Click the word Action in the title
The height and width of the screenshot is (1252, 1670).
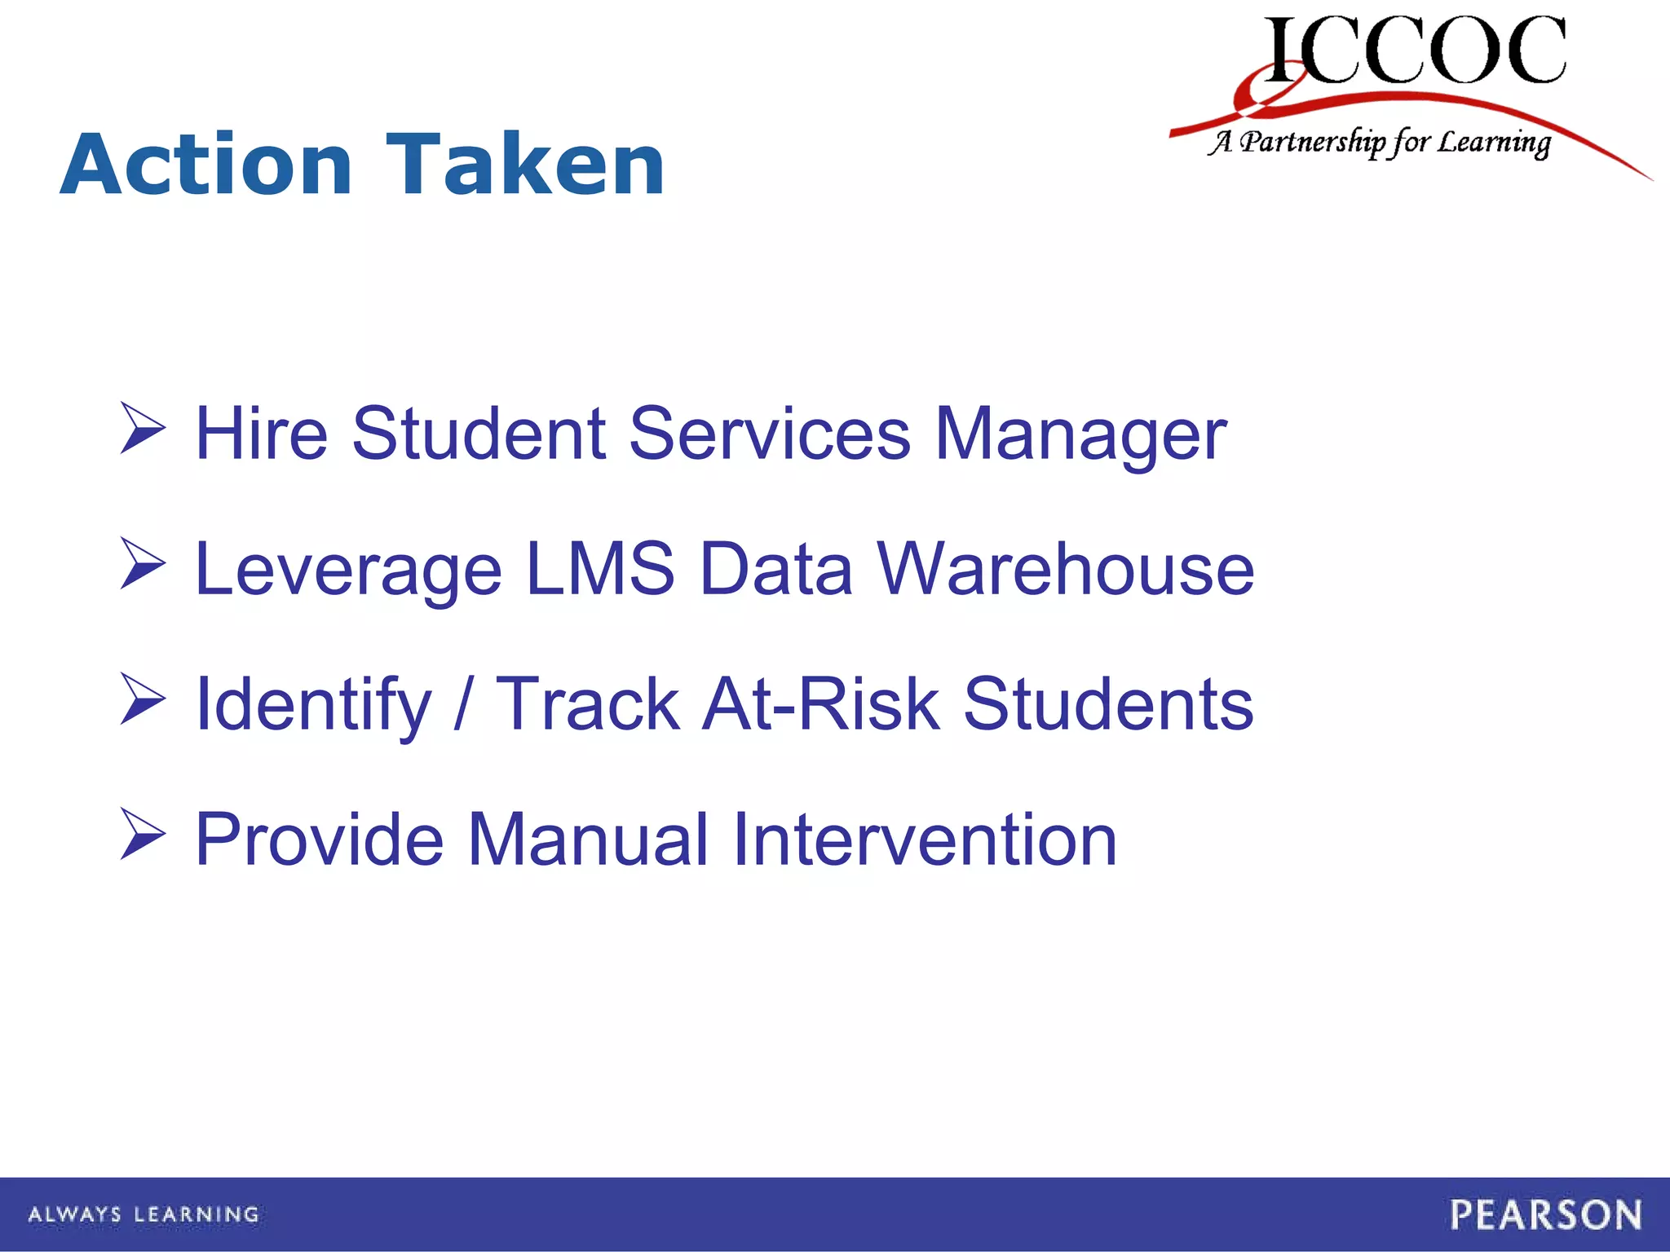coord(206,165)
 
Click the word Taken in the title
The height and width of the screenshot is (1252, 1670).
coord(526,165)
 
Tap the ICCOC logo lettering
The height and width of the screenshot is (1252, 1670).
coord(1415,51)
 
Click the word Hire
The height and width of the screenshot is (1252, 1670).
coord(262,434)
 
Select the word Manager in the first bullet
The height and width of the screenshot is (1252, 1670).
coord(1080,435)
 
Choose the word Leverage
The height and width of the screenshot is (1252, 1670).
coord(348,571)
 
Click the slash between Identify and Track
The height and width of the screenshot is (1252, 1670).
coord(463,704)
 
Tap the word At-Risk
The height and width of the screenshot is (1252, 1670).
coord(821,704)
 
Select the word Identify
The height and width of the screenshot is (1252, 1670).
coord(313,706)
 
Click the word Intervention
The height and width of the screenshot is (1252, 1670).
coord(924,840)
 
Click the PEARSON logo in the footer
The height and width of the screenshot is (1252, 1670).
coord(1545,1215)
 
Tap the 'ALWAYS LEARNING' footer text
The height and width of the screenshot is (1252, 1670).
coord(144,1215)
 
